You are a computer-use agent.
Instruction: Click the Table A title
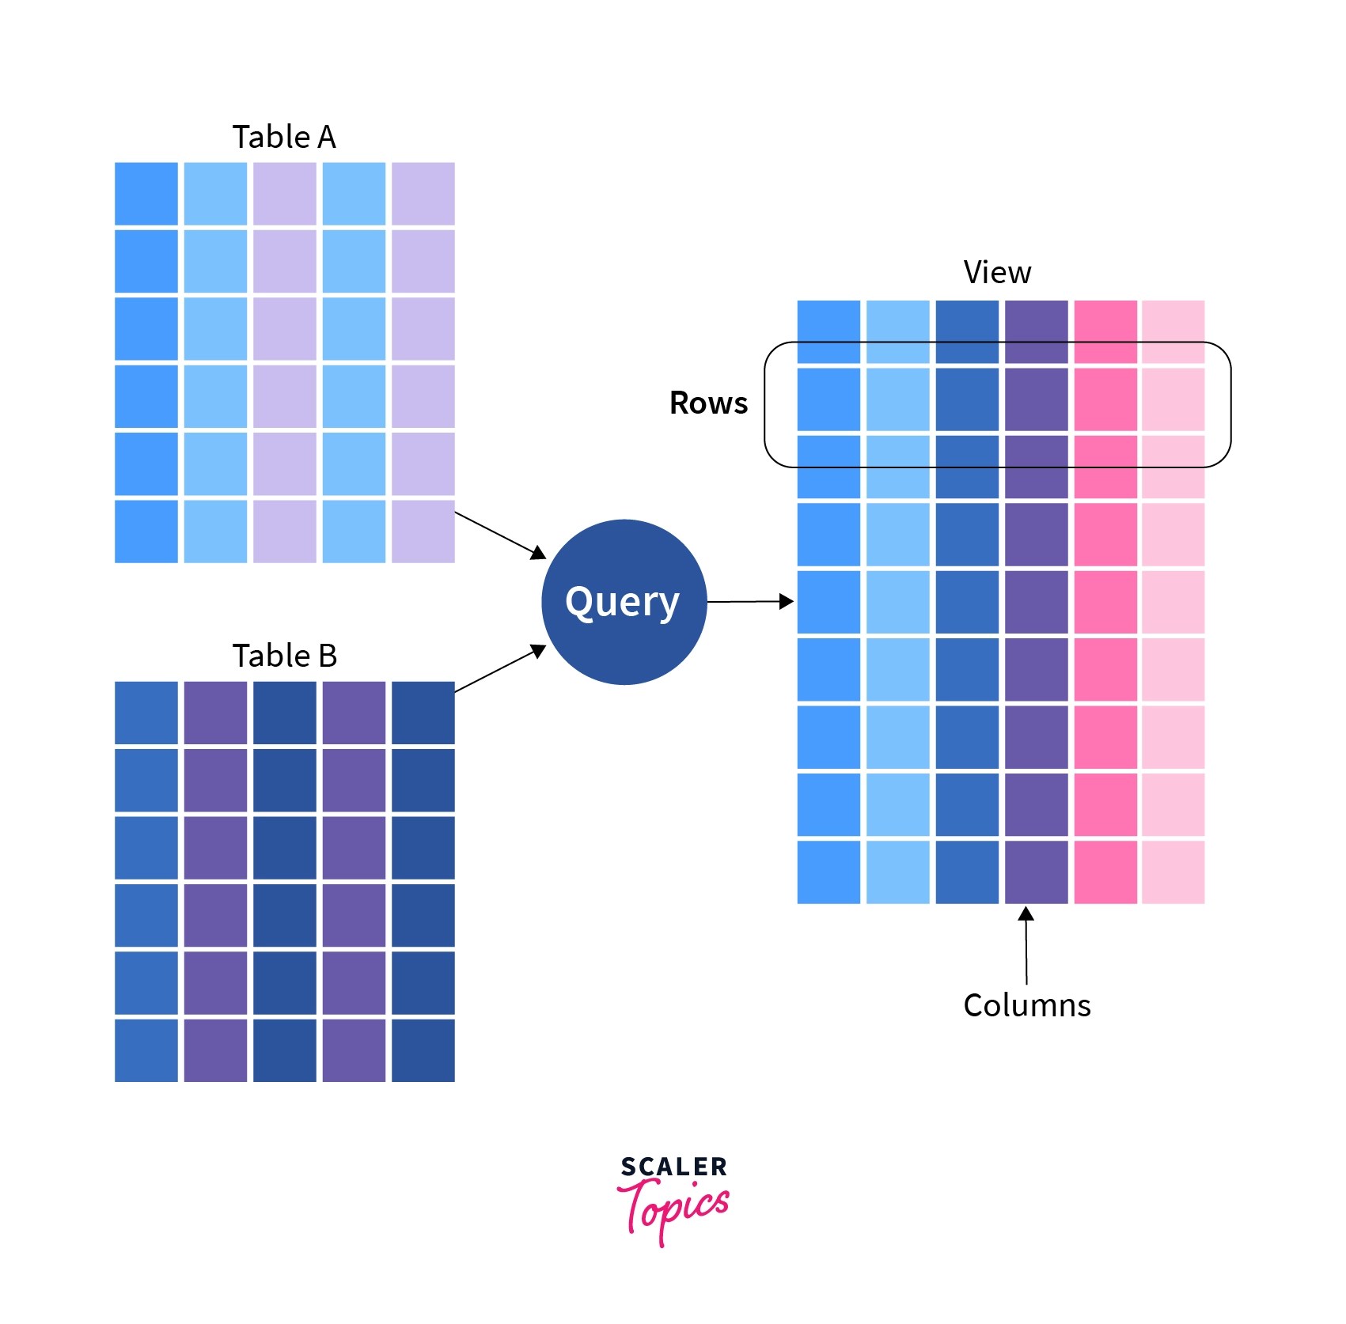coord(284,138)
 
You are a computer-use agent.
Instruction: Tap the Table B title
coord(285,656)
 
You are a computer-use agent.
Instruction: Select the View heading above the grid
coord(997,273)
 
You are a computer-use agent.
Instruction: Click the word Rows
coord(708,403)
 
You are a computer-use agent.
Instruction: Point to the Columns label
coord(1027,1006)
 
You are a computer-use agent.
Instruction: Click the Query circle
coord(624,602)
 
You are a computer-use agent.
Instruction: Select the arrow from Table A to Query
coord(500,535)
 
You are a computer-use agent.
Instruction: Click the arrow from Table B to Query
coord(500,669)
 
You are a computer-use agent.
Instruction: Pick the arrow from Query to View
coord(749,602)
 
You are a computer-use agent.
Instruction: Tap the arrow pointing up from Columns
coord(1026,945)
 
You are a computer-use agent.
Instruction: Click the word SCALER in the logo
coord(673,1167)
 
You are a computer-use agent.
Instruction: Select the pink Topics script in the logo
coord(673,1209)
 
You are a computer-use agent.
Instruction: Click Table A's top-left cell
coord(146,194)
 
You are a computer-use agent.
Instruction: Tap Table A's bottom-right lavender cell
coord(423,531)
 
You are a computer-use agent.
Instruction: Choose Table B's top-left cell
coord(146,713)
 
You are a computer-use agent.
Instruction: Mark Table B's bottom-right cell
coord(423,1050)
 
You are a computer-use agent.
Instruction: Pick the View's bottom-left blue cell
coord(828,872)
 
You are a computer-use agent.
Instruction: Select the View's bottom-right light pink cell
coord(1173,872)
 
